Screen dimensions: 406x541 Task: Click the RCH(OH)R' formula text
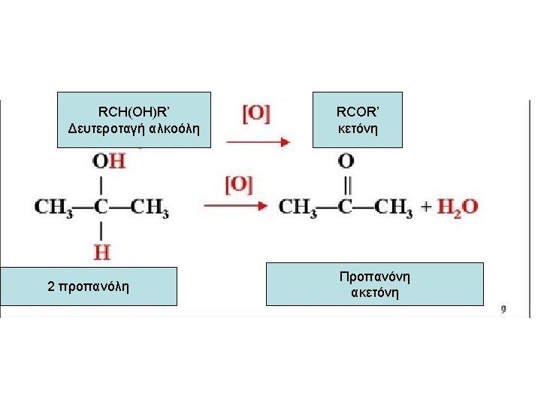134,112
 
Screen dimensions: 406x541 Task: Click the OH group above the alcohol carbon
109,161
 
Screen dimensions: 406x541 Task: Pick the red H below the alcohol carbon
101,250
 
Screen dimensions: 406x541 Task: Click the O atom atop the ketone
346,161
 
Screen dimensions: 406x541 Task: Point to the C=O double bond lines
346,183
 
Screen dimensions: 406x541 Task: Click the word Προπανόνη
374,277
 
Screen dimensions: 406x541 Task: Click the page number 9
503,308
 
